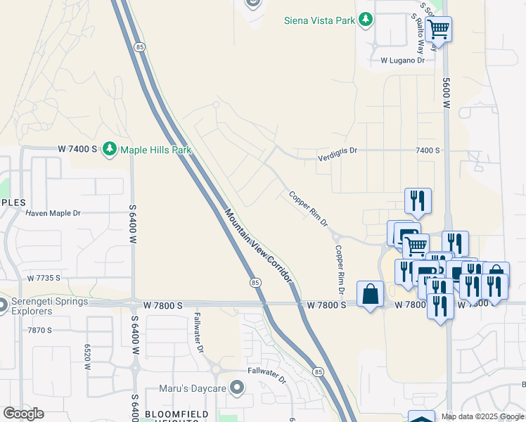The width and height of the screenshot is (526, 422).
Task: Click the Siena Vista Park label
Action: tap(319, 20)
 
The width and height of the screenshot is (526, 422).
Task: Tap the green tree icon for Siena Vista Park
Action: tap(365, 20)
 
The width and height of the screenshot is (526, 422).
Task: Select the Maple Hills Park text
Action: tap(155, 149)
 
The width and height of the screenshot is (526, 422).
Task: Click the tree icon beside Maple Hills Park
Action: tap(109, 148)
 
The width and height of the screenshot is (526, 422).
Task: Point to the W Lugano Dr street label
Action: tap(403, 60)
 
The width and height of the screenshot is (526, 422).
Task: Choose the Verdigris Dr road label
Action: tap(337, 151)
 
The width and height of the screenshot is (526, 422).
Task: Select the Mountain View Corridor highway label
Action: tap(258, 245)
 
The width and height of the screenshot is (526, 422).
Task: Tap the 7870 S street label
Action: tap(40, 330)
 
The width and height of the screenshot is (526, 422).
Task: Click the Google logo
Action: tap(24, 414)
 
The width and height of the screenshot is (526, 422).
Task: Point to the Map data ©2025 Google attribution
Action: tap(482, 416)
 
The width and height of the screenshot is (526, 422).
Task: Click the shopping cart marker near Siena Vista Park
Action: tap(439, 30)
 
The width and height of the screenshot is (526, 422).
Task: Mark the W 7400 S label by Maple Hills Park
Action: tap(77, 149)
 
